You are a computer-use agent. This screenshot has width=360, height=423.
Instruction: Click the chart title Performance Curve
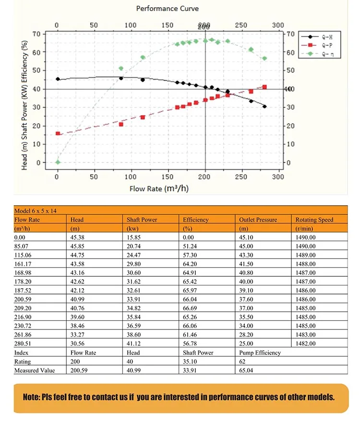pyautogui.click(x=167, y=9)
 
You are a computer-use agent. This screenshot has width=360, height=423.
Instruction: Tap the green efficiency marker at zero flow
pyautogui.click(x=58, y=162)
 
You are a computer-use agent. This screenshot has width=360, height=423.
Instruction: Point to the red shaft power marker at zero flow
pyautogui.click(x=58, y=133)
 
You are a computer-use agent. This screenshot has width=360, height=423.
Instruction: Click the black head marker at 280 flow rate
pyautogui.click(x=264, y=106)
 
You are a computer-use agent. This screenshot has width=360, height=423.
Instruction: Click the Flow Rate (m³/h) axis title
pyautogui.click(x=159, y=188)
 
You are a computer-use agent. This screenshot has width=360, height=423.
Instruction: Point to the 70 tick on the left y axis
pyautogui.click(x=36, y=34)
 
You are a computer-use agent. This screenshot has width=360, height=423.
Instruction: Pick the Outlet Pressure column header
pyautogui.click(x=258, y=220)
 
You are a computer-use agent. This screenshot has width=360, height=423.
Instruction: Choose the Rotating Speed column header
pyautogui.click(x=314, y=220)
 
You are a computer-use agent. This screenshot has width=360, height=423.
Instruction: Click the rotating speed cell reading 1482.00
pyautogui.click(x=305, y=343)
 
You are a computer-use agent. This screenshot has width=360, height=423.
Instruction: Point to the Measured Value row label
pyautogui.click(x=35, y=370)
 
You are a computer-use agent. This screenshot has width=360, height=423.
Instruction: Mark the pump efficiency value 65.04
pyautogui.click(x=247, y=370)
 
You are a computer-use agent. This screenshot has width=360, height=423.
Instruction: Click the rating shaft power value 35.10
pyautogui.click(x=191, y=362)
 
